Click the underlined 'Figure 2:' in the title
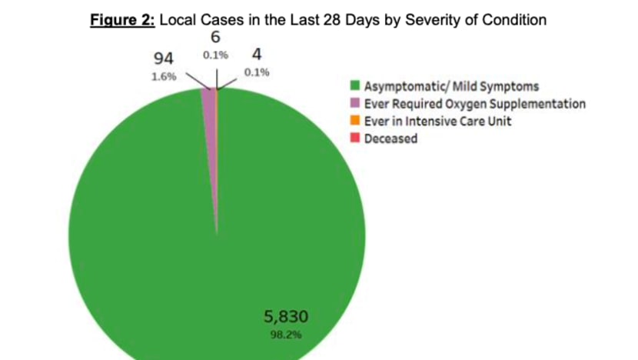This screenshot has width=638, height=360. click(x=123, y=21)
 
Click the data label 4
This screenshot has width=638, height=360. click(x=254, y=55)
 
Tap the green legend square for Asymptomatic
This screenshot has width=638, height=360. click(x=355, y=85)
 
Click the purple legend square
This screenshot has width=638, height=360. click(x=355, y=103)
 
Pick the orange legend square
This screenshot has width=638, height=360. click(x=355, y=121)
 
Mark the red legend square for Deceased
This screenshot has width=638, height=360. click(x=355, y=138)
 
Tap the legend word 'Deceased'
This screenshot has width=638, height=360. click(x=390, y=138)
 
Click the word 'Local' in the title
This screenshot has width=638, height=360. click(x=177, y=21)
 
